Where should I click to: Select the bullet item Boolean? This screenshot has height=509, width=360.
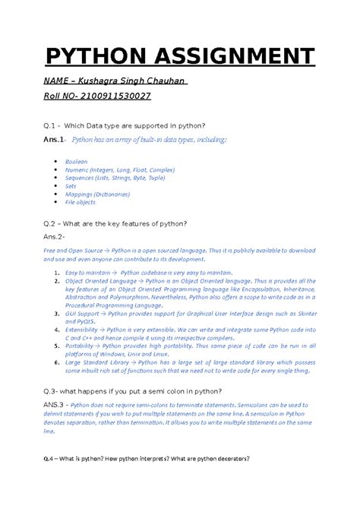(77, 162)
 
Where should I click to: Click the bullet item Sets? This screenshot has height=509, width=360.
(71, 185)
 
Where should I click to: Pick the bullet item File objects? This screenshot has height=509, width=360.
(81, 203)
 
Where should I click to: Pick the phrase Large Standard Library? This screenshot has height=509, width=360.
(99, 364)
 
